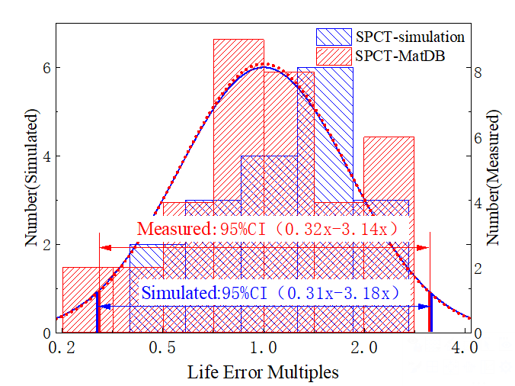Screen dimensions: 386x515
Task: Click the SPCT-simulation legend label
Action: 409,37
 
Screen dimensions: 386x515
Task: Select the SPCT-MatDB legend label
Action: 400,56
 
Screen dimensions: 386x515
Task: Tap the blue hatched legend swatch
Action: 334,37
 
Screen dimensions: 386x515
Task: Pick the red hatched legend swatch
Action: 334,56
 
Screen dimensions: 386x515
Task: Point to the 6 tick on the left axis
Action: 46,67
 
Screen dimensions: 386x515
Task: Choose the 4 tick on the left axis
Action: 46,156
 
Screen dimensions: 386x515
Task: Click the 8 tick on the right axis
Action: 478,72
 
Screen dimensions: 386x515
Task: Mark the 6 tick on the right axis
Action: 478,138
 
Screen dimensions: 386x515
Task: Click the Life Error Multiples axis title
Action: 263,373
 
